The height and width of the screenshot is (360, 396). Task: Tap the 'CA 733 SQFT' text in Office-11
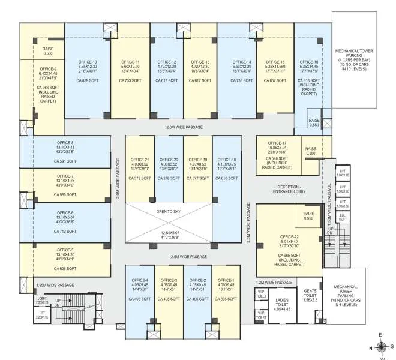(130, 80)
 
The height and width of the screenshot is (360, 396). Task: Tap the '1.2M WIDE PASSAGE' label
(274, 282)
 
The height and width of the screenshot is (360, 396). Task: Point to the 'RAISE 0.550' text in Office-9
(48, 52)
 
